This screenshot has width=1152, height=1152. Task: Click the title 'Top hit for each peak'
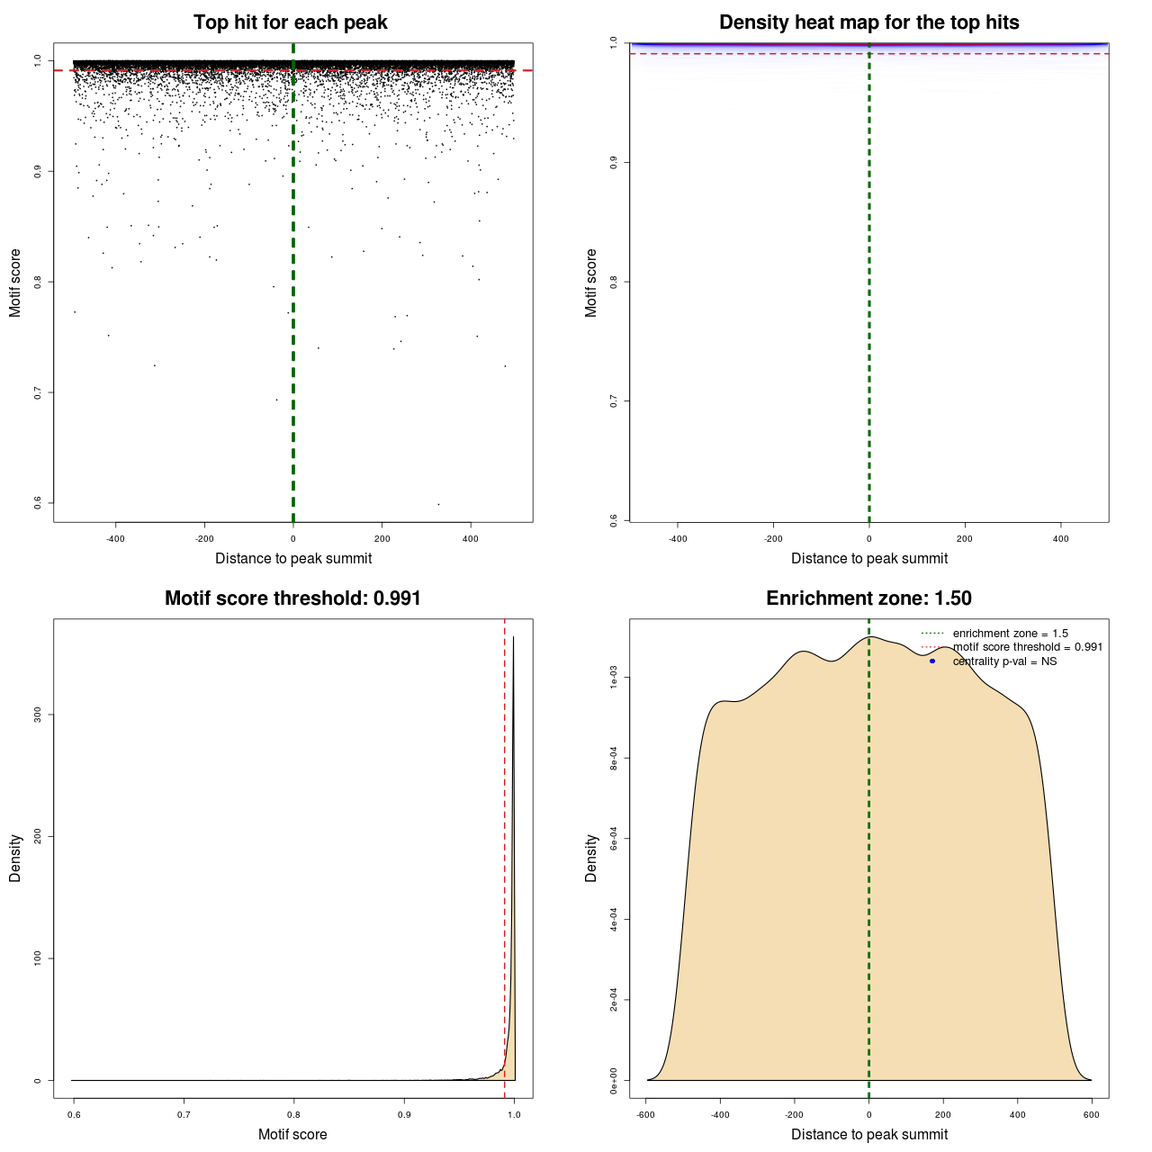tap(290, 22)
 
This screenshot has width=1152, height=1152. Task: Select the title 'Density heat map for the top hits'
tap(868, 22)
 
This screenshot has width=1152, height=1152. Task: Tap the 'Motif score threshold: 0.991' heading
tap(292, 598)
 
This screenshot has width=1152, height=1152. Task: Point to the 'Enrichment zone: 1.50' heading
tap(868, 598)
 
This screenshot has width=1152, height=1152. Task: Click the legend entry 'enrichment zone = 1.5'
tap(1010, 634)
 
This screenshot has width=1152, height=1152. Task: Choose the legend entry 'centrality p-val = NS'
tap(1004, 661)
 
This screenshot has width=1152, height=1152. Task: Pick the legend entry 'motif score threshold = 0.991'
tap(1027, 647)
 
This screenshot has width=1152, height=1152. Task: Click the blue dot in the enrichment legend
tap(932, 661)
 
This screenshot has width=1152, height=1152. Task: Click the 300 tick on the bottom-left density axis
tap(38, 715)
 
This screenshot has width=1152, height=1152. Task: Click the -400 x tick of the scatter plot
tap(115, 539)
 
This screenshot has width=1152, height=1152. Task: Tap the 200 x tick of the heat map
tap(965, 539)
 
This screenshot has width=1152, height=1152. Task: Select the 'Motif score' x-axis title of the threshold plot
tap(292, 1134)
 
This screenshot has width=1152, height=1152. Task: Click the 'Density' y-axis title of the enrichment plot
tap(591, 858)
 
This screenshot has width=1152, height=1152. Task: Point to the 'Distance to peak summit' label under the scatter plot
tap(293, 558)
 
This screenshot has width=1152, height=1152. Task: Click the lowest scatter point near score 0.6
tap(438, 504)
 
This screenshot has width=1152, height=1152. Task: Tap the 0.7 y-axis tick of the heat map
tap(614, 400)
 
